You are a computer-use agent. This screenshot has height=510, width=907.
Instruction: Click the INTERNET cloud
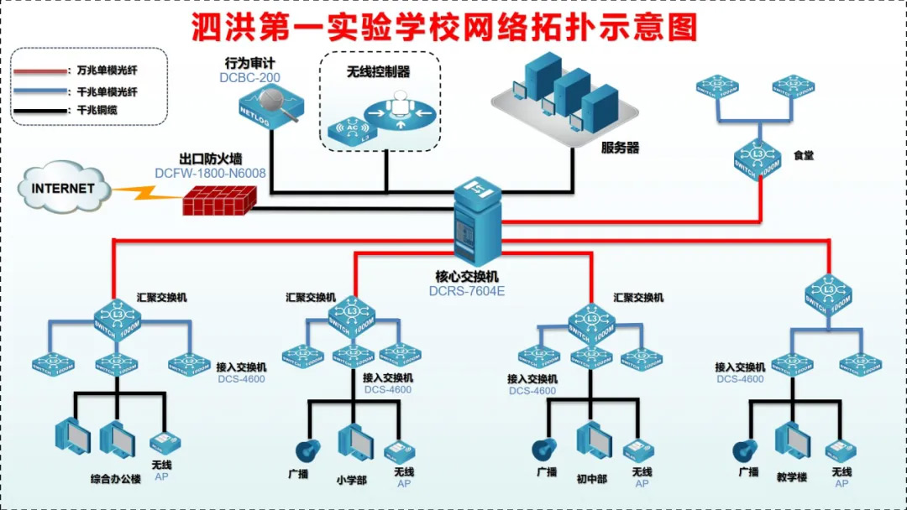tap(64, 187)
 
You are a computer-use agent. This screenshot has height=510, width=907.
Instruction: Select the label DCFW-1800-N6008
tap(210, 174)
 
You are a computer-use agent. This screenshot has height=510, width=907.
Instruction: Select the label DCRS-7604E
tap(467, 292)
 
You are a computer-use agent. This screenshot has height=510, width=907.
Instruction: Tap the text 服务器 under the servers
tap(620, 148)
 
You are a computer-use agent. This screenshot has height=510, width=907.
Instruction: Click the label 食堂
tap(804, 155)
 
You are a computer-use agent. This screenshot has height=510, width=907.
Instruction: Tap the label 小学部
tap(350, 480)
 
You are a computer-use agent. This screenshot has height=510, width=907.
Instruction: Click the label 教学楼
tap(791, 472)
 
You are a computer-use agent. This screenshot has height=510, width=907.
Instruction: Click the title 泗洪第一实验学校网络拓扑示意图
tap(445, 28)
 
